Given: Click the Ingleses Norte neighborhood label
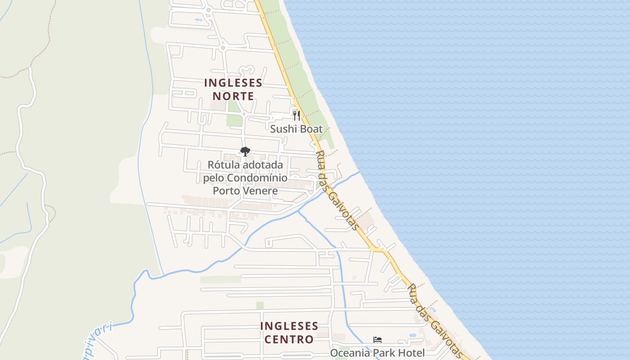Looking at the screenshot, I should pos(233,89).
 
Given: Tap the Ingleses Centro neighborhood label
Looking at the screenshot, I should pos(289,332).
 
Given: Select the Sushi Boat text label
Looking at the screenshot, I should pos(296,129).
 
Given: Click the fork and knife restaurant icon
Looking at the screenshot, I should pos(296,116).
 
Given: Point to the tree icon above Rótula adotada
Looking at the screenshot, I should pos(245,152).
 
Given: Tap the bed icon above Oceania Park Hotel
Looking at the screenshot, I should pos(377,340).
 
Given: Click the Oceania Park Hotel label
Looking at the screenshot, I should pos(377,353).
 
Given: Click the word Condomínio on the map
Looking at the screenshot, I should pos(257,178).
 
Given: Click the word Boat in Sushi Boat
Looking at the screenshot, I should pos(310,129).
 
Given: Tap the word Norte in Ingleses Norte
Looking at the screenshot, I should pos(233,96).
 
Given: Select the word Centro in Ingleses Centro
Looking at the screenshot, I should pos(289,339).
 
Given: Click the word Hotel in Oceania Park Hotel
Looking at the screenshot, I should pos(410,353).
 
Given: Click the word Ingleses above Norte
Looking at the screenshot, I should pos(233,83).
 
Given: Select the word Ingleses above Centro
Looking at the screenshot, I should pos(289,325).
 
